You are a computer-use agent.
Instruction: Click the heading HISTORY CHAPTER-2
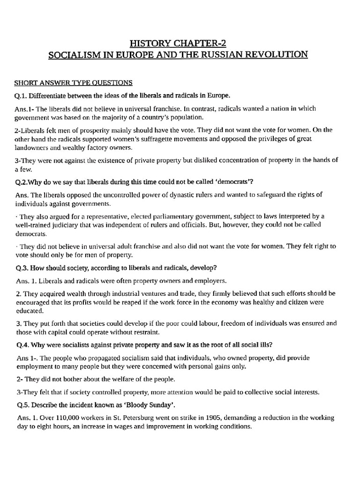click(x=178, y=44)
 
